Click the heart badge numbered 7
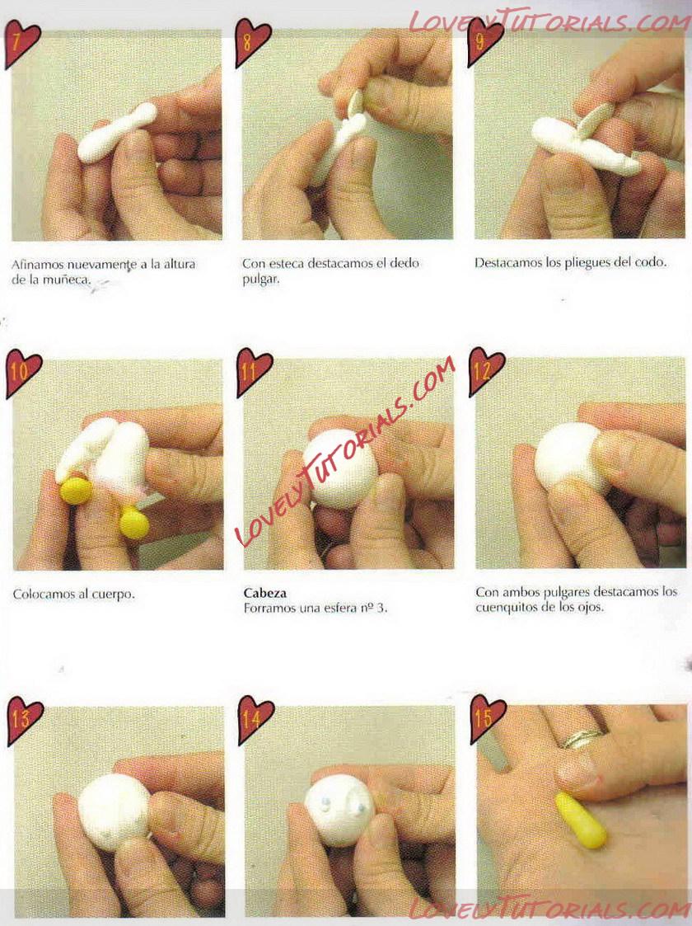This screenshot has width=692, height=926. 21,43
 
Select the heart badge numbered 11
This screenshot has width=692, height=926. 254,372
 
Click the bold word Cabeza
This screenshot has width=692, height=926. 265,593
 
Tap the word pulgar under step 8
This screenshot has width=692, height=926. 260,280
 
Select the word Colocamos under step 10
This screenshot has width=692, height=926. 41,594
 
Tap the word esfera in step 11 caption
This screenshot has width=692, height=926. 338,608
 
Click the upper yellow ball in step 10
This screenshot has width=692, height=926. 76,491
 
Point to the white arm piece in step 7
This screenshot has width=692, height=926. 117,133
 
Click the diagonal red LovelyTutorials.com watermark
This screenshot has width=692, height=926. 345,452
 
